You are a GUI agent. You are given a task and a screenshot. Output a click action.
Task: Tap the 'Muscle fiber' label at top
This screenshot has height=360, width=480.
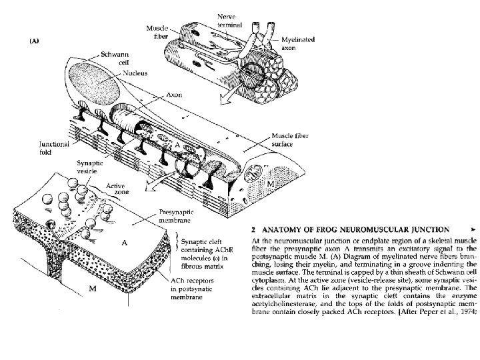coord(158,30)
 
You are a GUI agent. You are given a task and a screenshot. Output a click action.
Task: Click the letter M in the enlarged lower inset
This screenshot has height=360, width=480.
coord(93,287)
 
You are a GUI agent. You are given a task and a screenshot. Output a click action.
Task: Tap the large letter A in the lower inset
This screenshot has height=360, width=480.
coord(124,243)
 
